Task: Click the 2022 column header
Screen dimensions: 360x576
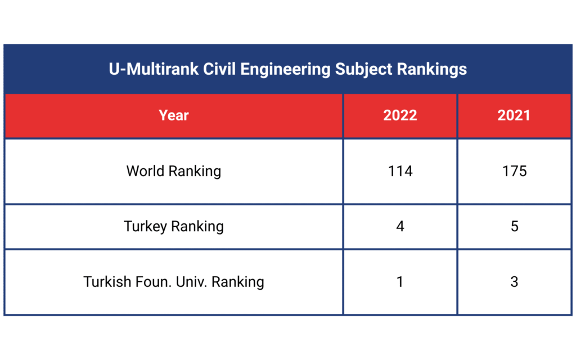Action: pos(400,115)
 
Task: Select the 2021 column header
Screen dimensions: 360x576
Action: pos(514,115)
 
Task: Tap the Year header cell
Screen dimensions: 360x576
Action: pos(174,115)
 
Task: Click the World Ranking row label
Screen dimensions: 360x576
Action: pos(174,170)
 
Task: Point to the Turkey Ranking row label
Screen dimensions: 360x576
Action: pos(174,226)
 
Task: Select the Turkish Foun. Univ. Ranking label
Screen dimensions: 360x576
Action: pos(174,281)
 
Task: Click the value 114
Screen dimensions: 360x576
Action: pos(400,170)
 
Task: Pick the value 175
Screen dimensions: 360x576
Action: pos(514,170)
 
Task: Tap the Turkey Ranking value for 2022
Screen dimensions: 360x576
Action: pos(400,226)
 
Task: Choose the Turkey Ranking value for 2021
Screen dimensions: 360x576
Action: pos(514,226)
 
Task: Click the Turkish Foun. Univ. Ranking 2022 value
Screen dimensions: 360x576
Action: pos(400,281)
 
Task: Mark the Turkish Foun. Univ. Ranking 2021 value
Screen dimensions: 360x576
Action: pos(514,281)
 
